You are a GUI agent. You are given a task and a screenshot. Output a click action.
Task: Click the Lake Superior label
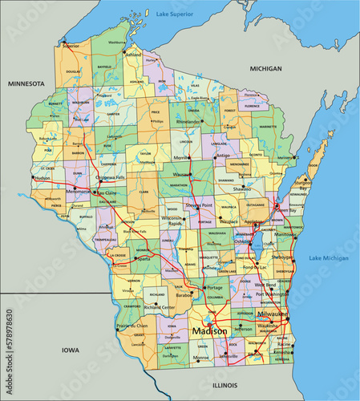tap(176, 14)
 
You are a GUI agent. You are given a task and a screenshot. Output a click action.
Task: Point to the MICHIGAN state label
tap(265, 69)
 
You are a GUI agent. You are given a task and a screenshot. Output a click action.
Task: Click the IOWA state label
tap(70, 350)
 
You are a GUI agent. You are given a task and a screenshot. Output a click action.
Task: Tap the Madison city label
tap(208, 330)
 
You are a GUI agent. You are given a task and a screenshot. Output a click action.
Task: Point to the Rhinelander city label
tap(188, 122)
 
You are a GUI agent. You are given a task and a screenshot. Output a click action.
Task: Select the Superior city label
tap(72, 46)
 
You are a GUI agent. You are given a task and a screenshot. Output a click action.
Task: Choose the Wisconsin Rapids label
tap(172, 221)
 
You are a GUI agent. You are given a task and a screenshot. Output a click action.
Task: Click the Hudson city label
tap(42, 178)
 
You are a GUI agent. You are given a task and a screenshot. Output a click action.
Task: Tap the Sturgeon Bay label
tap(325, 165)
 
